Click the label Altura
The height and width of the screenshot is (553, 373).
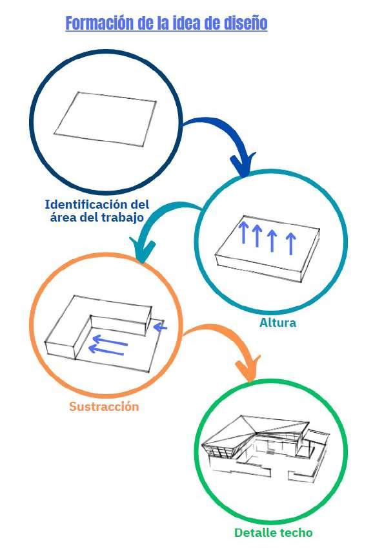tap(278, 322)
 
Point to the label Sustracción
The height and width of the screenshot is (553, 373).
tap(104, 406)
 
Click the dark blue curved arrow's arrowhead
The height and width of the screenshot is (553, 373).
tap(243, 164)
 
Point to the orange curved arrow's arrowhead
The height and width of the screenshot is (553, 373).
tap(248, 369)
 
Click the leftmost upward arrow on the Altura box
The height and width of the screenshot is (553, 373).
tap(243, 233)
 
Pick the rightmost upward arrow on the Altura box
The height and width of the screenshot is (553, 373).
tap(290, 244)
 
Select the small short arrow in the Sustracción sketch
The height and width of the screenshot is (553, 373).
tap(161, 328)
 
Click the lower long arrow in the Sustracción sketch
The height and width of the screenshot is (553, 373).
tap(106, 351)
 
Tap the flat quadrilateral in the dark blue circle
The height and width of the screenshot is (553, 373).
tap(105, 119)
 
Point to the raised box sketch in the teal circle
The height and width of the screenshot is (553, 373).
tap(268, 249)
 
